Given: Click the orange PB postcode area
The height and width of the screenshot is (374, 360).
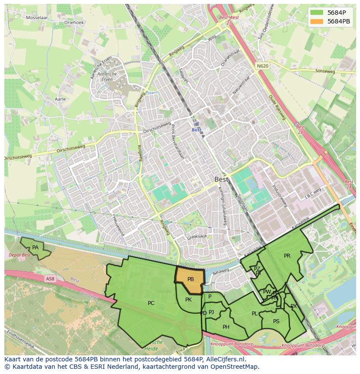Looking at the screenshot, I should (x=190, y=280).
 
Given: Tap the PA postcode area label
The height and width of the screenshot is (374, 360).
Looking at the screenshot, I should (x=35, y=248).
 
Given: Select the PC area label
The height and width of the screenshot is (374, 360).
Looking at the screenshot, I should (x=151, y=303).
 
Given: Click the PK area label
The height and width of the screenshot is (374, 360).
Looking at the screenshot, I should (x=188, y=300).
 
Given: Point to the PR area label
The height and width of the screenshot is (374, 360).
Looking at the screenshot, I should (x=287, y=256).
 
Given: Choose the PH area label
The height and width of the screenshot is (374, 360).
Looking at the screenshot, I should (x=226, y=327).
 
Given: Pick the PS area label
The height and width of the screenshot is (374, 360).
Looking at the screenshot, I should (x=276, y=321).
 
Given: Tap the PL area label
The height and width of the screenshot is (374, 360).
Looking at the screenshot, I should (x=254, y=314).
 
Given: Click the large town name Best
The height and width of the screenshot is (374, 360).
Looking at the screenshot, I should (x=221, y=179).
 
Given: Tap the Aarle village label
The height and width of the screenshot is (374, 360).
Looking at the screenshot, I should (x=60, y=99).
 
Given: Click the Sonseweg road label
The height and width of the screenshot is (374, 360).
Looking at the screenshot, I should (x=325, y=71).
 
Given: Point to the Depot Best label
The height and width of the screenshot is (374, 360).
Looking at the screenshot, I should (x=20, y=255).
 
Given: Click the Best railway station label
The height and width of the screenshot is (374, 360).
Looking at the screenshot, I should (x=197, y=130).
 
